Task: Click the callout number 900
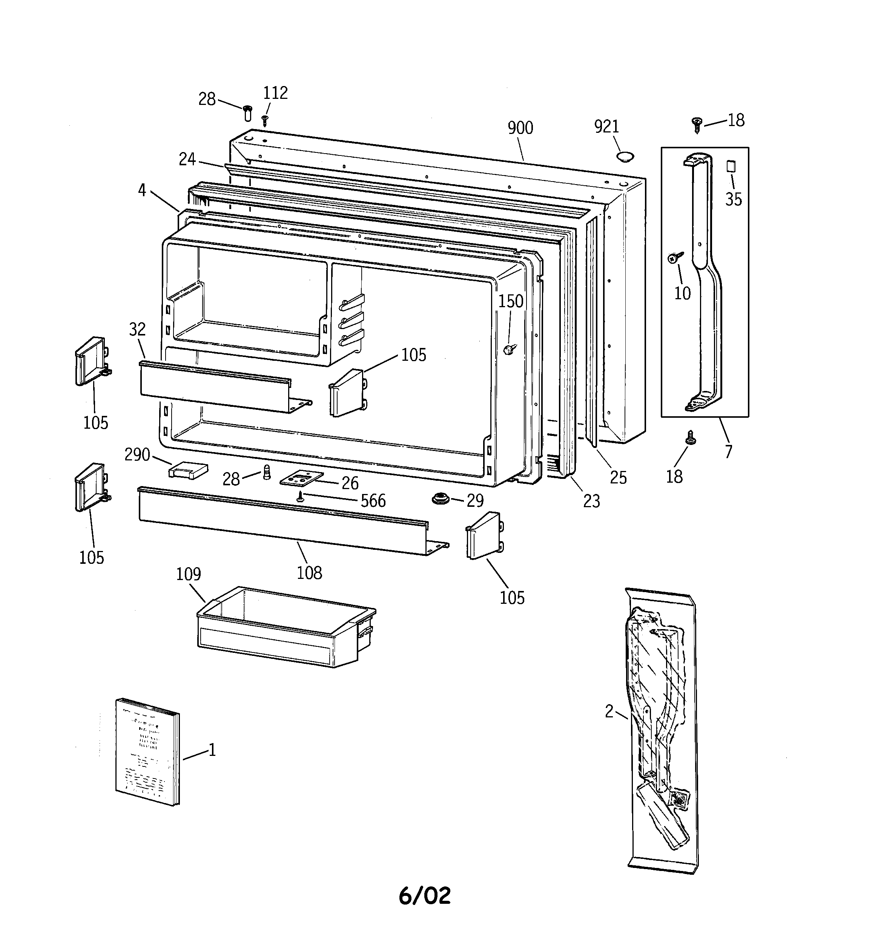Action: tap(520, 128)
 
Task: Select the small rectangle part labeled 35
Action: tap(731, 166)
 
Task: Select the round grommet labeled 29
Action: tap(441, 499)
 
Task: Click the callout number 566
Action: tap(373, 501)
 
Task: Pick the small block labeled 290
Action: tap(188, 470)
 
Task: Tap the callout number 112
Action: tap(275, 93)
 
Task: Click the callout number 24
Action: tap(187, 159)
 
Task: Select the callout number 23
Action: tap(591, 501)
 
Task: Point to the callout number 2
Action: tap(609, 712)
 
